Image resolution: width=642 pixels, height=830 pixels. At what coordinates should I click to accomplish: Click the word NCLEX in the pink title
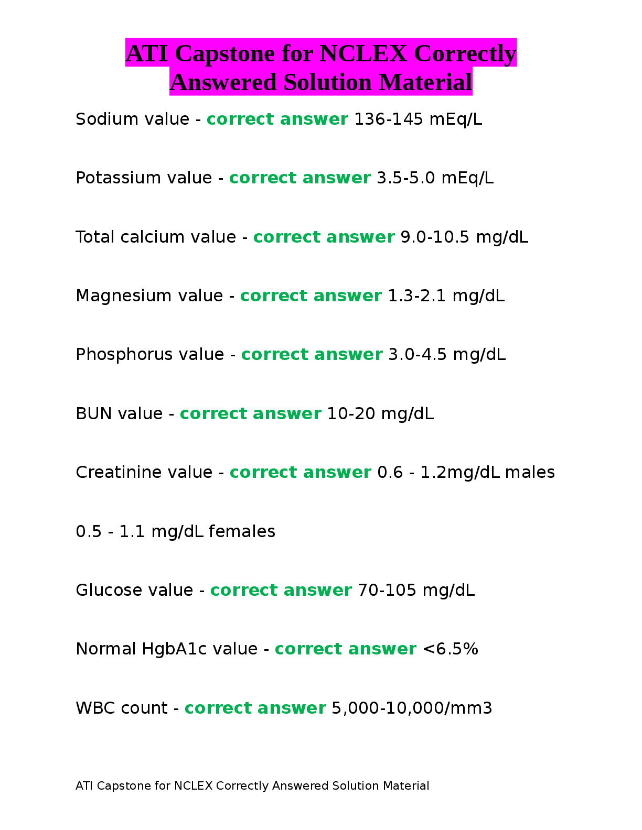362,53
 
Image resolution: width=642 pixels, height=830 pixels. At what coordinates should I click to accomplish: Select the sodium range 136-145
389,119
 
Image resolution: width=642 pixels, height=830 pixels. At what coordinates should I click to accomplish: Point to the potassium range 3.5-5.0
406,178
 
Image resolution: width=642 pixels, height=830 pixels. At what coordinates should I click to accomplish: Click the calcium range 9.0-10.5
435,237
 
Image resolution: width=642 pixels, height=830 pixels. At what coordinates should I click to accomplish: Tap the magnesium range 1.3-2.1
416,296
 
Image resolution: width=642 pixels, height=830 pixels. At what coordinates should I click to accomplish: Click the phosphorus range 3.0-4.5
418,355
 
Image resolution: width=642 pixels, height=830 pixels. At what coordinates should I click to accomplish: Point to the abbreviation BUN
94,414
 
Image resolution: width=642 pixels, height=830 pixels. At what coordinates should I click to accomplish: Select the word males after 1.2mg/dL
530,473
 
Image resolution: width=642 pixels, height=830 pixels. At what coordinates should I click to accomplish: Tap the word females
242,532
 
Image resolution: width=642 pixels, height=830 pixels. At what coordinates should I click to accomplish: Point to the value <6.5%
450,649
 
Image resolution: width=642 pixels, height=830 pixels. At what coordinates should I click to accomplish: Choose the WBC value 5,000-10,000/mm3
412,708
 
